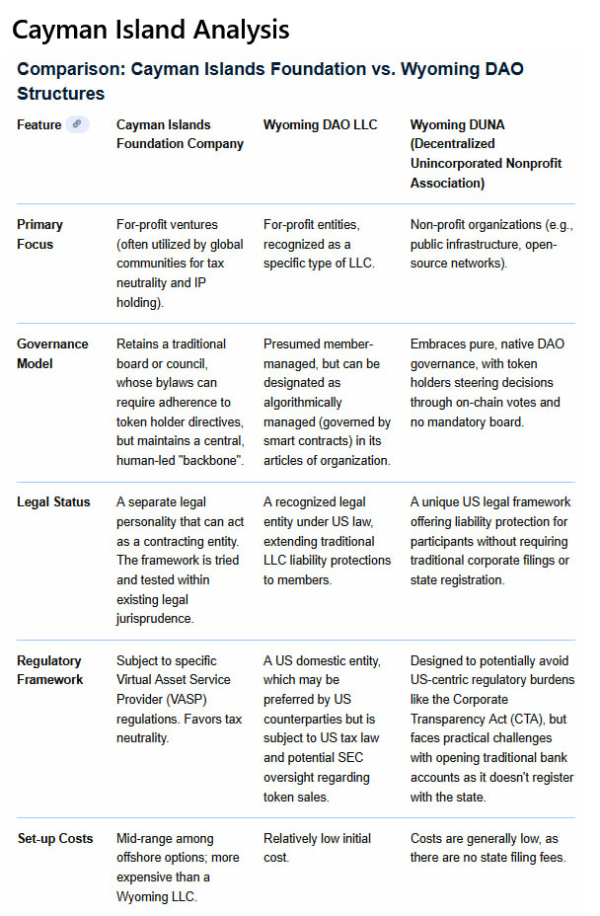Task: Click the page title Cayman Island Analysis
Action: click(x=151, y=30)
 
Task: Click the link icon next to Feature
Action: click(x=77, y=124)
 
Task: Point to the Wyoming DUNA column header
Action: click(x=486, y=154)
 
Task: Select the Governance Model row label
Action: click(x=52, y=353)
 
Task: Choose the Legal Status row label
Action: click(x=53, y=501)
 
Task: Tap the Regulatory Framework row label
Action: click(x=49, y=669)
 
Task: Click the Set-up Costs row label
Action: click(x=55, y=838)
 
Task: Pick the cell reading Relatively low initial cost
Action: click(x=317, y=848)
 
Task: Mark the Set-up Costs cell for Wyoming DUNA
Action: click(x=487, y=848)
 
